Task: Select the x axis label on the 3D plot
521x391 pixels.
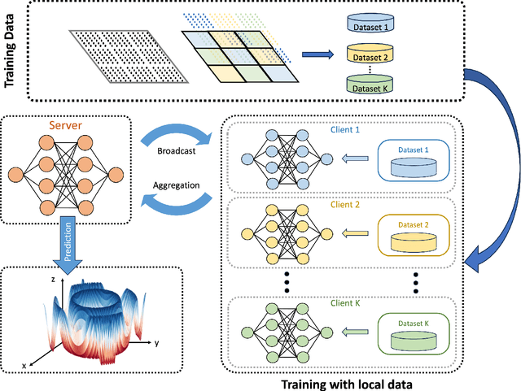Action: [x=24, y=366]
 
